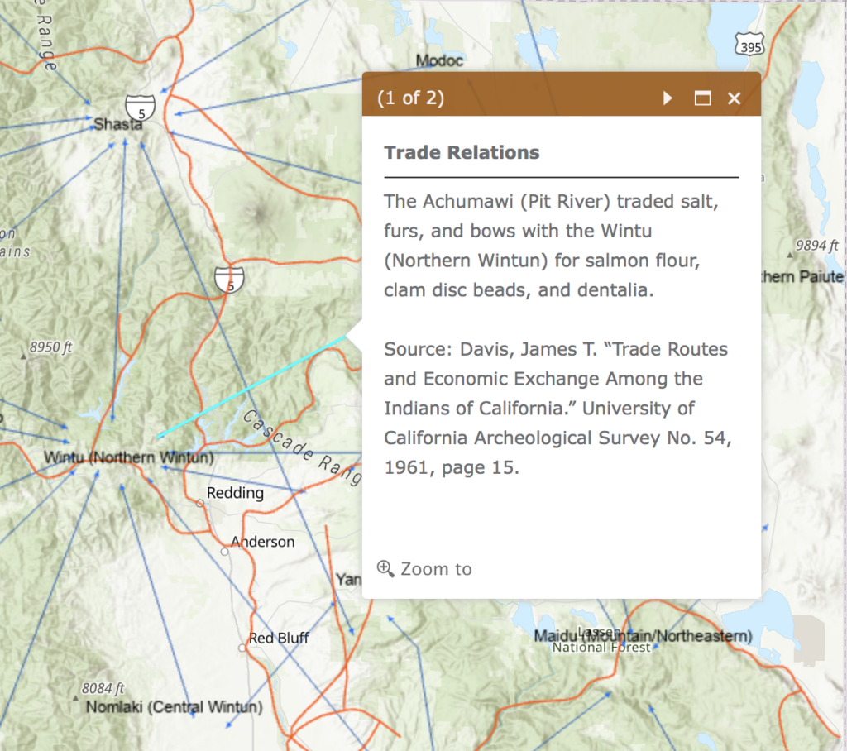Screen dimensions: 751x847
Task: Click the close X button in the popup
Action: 734,98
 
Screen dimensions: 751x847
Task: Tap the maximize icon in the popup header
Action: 702,98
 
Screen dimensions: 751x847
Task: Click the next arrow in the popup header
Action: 668,98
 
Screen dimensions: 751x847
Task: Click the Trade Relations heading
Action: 462,153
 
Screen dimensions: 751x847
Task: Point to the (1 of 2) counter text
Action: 410,98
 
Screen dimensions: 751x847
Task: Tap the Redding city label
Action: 235,494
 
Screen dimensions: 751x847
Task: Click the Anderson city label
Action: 262,543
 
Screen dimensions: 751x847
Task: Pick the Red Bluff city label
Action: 279,639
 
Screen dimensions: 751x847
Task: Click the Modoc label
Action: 439,61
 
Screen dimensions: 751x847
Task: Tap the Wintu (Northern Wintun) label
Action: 128,457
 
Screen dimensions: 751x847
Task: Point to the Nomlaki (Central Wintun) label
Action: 174,708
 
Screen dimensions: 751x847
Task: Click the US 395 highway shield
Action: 749,45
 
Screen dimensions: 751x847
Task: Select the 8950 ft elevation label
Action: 50,347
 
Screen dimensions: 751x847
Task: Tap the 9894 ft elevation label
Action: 816,246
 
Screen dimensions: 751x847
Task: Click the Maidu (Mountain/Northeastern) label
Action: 643,636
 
